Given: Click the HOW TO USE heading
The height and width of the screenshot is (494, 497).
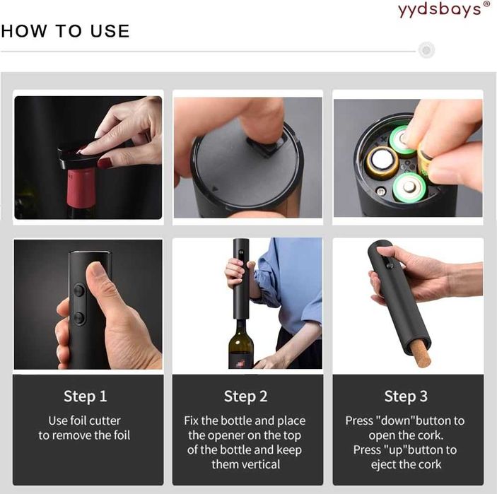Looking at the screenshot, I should pyautogui.click(x=65, y=31).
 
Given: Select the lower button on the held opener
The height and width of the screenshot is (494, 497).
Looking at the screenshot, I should pyautogui.click(x=80, y=318).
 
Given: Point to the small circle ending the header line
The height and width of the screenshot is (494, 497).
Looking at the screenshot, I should pyautogui.click(x=426, y=50).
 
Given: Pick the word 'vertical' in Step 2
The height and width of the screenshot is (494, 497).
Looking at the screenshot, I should pyautogui.click(x=260, y=464).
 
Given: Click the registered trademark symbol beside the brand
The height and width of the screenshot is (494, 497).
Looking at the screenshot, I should pyautogui.click(x=486, y=5).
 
